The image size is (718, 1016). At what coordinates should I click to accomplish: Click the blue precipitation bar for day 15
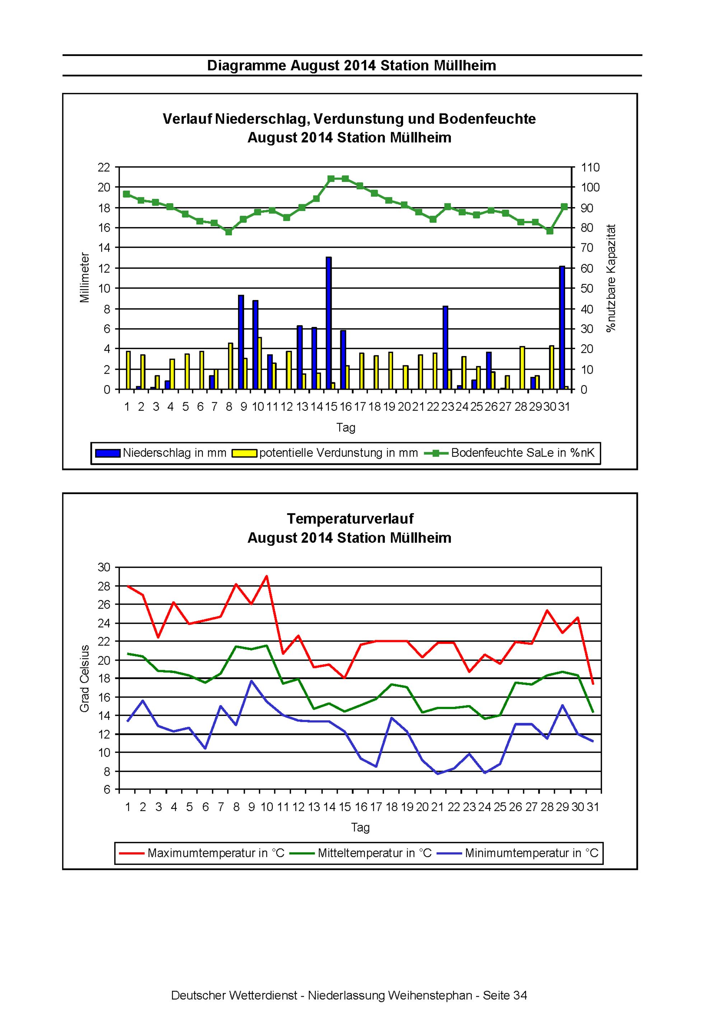click(328, 323)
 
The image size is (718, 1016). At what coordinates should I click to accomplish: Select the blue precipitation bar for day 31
click(562, 328)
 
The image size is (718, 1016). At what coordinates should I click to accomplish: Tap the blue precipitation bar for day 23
click(445, 348)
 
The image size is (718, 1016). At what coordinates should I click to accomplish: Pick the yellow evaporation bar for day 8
click(230, 366)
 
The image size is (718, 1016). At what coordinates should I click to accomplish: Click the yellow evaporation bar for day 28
click(522, 368)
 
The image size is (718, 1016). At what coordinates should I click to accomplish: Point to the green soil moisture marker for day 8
click(229, 231)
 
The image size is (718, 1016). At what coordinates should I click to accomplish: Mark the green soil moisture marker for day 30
click(550, 230)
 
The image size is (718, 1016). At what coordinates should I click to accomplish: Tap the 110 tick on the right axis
click(590, 167)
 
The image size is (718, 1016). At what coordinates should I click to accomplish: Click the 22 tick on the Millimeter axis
click(104, 167)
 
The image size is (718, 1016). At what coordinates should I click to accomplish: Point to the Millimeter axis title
click(85, 277)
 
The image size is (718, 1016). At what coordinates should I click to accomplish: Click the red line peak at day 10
click(266, 576)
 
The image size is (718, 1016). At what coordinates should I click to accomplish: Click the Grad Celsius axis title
click(85, 678)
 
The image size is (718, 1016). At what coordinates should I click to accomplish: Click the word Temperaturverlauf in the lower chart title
click(350, 518)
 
